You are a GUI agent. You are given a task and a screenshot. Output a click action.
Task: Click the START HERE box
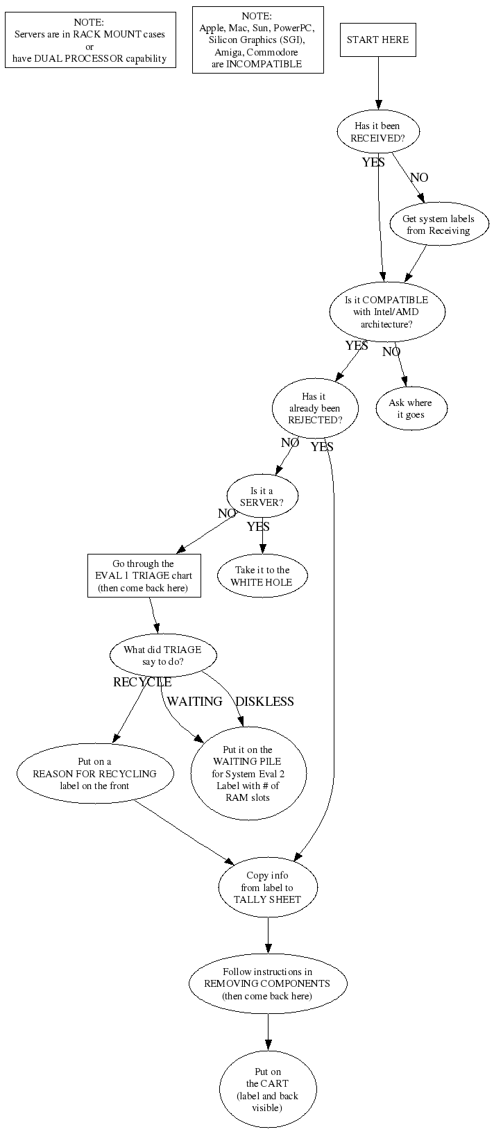point(377,40)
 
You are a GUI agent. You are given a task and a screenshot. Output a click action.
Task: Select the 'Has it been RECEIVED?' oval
point(377,132)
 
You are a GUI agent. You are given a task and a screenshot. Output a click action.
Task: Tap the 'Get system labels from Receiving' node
point(438,224)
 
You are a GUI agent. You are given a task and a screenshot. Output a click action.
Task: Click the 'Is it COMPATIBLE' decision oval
point(387,312)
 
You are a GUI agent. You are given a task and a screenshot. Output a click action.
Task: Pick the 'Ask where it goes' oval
point(411,408)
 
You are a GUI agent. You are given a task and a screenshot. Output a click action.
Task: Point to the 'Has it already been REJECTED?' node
point(315,408)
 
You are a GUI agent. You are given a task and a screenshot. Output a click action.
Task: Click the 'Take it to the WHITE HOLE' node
point(262,575)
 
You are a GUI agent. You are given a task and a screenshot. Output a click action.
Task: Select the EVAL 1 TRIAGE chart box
point(144,575)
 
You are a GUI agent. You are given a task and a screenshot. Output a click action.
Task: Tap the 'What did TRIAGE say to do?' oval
point(163,655)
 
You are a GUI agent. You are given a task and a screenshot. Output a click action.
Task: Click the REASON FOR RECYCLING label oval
point(94,773)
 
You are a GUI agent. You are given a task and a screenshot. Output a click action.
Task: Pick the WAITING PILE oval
point(248,773)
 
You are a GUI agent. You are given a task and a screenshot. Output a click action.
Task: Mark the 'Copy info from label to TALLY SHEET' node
point(268,887)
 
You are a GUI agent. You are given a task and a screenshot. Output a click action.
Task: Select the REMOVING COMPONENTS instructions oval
point(268,983)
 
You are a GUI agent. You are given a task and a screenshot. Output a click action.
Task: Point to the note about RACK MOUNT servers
point(90,40)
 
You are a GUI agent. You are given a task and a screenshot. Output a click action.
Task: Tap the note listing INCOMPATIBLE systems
point(257,40)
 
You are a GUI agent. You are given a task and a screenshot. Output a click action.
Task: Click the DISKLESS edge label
point(265,701)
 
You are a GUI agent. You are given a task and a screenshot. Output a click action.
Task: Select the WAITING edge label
point(195,701)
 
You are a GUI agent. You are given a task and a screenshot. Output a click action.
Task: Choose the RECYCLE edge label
point(142,682)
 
